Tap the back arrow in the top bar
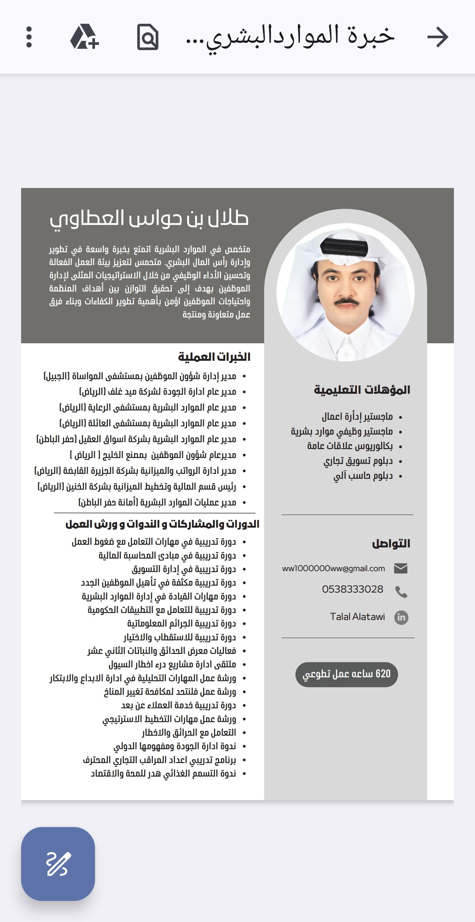[437, 37]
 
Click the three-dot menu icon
[29, 37]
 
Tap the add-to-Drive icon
[84, 37]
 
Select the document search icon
[147, 37]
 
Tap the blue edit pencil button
[58, 864]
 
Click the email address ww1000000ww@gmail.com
[333, 569]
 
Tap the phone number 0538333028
[352, 589]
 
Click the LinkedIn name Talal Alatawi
[357, 617]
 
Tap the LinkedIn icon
[401, 617]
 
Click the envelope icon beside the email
[400, 569]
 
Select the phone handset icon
[401, 592]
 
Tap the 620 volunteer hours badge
[346, 674]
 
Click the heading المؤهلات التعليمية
[362, 390]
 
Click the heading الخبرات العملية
[214, 357]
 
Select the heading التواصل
[391, 544]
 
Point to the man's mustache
[346, 302]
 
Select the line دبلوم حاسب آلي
[363, 476]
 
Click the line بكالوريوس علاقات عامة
[350, 446]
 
